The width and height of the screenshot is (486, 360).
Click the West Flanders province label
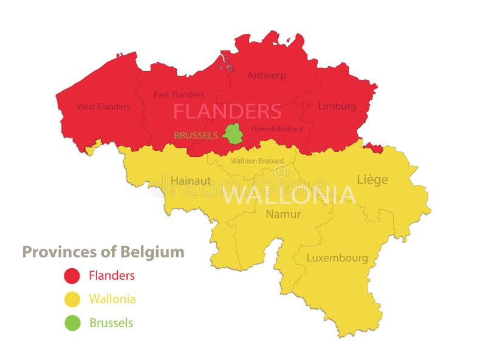(103, 106)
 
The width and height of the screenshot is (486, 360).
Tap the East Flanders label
(179, 94)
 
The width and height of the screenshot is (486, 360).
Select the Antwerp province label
(266, 75)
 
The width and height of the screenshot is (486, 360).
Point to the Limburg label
(337, 106)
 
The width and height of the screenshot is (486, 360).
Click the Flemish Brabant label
(277, 129)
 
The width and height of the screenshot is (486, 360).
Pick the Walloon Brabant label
(257, 161)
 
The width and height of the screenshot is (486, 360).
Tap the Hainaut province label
(191, 181)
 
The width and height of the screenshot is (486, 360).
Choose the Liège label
(372, 179)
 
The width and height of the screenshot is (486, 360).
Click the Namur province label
(283, 214)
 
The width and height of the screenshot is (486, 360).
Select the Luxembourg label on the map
(337, 258)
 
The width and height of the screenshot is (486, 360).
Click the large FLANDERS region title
(227, 111)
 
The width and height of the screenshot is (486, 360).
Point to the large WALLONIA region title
(289, 195)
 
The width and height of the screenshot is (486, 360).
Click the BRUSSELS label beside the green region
(196, 135)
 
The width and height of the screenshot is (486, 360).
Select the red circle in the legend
(72, 275)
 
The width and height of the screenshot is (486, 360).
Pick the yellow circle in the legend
(72, 299)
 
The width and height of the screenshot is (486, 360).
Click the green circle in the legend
(72, 323)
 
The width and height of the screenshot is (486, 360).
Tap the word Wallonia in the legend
(112, 299)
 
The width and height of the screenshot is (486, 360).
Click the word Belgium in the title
(156, 252)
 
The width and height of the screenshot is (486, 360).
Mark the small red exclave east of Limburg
(374, 148)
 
